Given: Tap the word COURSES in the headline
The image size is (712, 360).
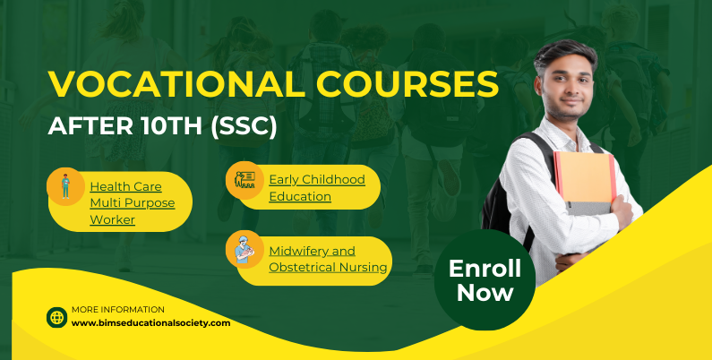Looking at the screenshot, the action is (408, 84).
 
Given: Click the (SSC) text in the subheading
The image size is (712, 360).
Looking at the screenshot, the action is (244, 125).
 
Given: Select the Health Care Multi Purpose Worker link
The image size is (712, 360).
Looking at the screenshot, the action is (133, 203).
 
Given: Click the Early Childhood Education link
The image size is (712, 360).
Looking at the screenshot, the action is (317, 188).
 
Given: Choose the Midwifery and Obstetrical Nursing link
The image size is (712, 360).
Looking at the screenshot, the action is (328, 259).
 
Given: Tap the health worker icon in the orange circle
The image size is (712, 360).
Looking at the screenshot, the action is (66, 186).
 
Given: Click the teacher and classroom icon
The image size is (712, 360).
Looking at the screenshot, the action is (244, 180).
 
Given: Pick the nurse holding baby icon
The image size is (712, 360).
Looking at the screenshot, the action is (244, 249).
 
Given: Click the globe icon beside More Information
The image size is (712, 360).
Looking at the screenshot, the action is (57, 317).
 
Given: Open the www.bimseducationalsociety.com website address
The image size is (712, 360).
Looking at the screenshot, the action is (150, 323).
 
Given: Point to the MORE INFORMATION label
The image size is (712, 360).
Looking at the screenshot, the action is (118, 310).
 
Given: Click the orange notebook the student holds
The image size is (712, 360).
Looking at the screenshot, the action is (585, 177).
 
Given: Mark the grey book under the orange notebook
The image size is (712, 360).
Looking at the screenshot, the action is (588, 209).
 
